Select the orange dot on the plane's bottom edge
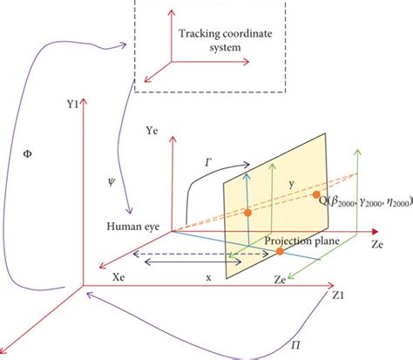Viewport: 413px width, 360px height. [280, 252]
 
